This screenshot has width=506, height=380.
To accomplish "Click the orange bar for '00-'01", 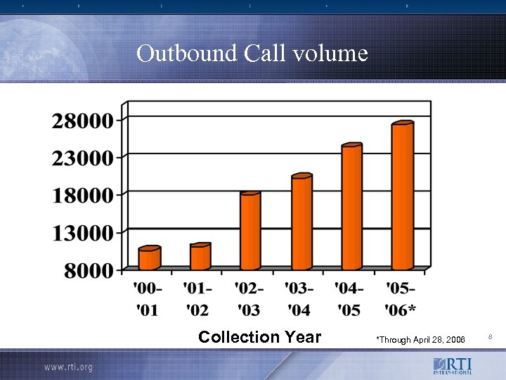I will point(149,258).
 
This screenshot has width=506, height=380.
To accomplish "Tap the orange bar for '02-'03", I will point(249,231).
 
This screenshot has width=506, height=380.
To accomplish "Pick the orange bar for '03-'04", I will point(301,222).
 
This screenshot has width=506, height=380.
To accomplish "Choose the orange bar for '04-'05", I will point(351,208).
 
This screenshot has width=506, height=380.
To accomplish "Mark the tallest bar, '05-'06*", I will point(402,196).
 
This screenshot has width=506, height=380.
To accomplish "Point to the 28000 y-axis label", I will point(82,120).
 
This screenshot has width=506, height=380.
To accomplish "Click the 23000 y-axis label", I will point(82,158).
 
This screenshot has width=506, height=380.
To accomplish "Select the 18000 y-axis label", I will point(82,196).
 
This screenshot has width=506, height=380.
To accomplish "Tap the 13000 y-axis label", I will point(82,233).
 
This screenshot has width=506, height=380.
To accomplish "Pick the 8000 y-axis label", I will point(88,271).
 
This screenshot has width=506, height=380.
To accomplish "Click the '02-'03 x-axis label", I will point(249,298).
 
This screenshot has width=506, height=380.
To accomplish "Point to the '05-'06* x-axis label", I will point(401,298).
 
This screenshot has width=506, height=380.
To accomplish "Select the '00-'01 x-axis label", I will point(148,298).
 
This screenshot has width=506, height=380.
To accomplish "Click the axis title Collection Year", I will point(259,337).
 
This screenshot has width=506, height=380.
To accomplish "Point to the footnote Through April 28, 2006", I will point(421,340).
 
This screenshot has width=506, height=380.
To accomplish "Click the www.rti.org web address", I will point(68,367).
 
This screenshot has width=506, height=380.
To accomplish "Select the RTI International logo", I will point(453,366).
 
